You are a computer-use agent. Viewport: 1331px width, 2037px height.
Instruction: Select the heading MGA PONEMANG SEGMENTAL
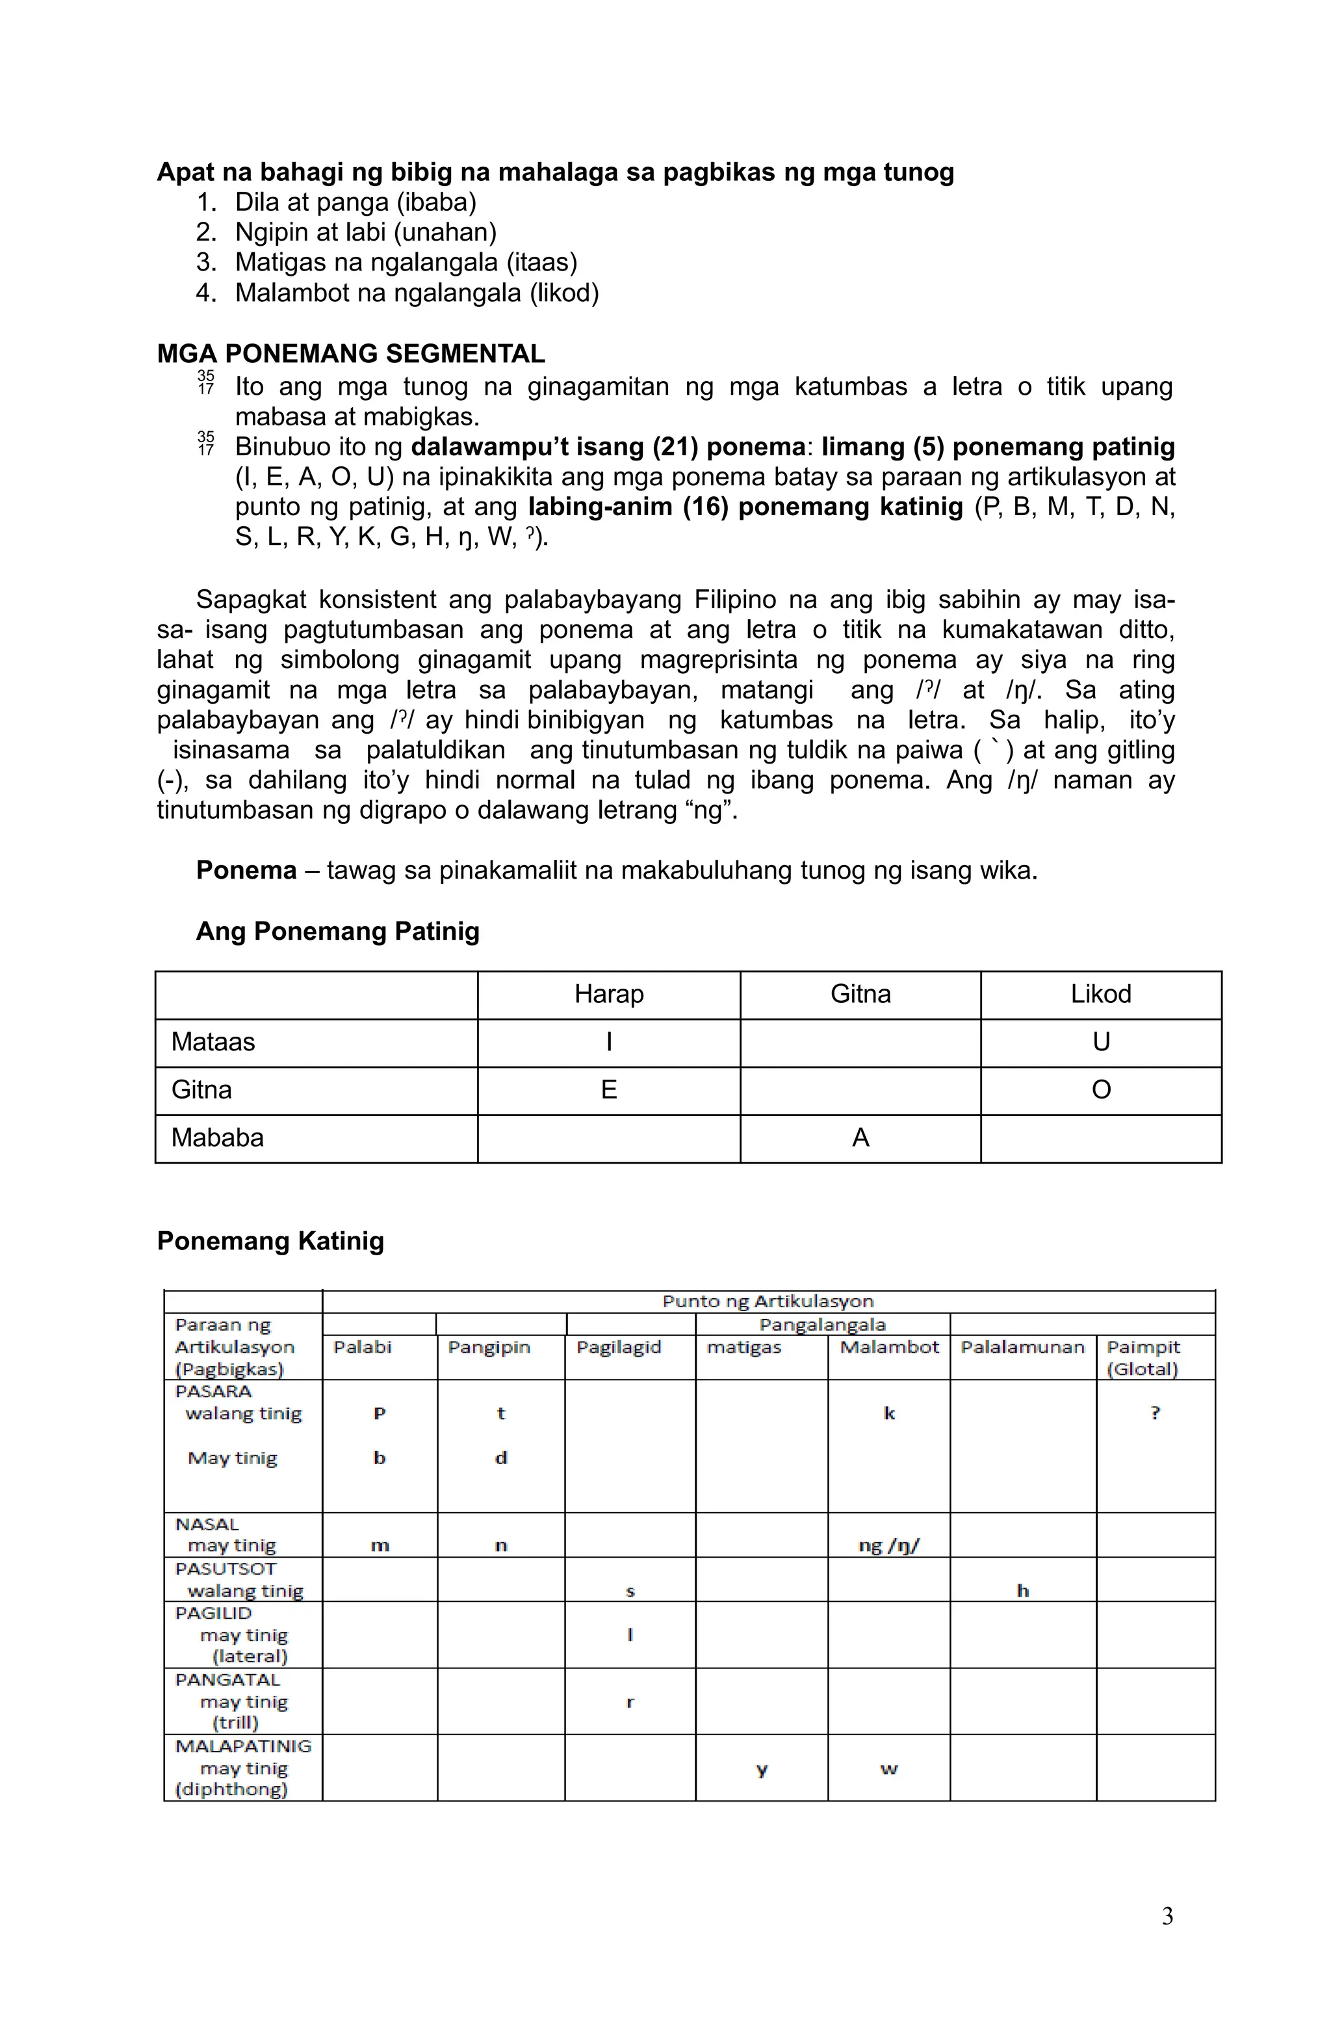pyautogui.click(x=351, y=353)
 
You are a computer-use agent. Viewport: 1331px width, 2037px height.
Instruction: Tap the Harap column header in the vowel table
pyautogui.click(x=608, y=994)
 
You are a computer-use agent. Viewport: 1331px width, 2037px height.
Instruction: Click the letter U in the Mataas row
pyautogui.click(x=1100, y=1042)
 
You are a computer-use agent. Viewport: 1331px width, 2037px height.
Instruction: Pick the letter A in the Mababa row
pyautogui.click(x=860, y=1138)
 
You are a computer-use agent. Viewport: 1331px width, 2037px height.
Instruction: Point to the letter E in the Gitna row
pyautogui.click(x=608, y=1089)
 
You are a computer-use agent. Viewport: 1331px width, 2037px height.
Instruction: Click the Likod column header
pyautogui.click(x=1100, y=994)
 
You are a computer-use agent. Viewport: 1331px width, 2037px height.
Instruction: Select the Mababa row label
pyautogui.click(x=217, y=1138)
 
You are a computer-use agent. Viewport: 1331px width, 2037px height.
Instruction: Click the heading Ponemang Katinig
pyautogui.click(x=270, y=1241)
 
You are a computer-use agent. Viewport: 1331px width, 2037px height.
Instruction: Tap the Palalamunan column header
pyautogui.click(x=1022, y=1347)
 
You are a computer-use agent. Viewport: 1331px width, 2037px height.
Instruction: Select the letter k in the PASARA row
pyautogui.click(x=889, y=1413)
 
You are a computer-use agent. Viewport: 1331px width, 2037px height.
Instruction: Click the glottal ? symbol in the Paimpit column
pyautogui.click(x=1155, y=1413)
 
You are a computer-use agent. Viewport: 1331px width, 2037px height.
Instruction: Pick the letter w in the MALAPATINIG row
pyautogui.click(x=889, y=1768)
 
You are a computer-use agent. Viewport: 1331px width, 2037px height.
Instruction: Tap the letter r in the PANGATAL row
pyautogui.click(x=630, y=1701)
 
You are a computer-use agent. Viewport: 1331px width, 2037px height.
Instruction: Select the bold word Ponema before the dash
pyautogui.click(x=246, y=870)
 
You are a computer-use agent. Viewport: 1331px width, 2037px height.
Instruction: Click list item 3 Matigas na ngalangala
pyautogui.click(x=406, y=262)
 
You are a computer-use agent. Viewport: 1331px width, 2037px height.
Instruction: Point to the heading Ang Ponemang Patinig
pyautogui.click(x=337, y=931)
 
